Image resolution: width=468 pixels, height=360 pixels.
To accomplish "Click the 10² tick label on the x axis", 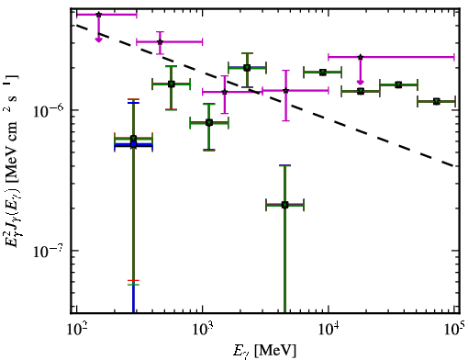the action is [77, 330].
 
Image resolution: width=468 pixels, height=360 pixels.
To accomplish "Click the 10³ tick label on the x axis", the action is [203, 330].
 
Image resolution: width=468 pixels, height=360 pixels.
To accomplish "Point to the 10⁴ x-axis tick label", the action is [329, 330].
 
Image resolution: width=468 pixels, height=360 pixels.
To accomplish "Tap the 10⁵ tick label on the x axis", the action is [453, 329].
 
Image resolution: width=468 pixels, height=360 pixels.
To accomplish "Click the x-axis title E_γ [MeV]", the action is [264, 351].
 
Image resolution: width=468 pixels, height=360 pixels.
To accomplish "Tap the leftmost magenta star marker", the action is [98, 15].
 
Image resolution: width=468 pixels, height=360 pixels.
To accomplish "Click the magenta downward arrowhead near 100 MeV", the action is [98, 39].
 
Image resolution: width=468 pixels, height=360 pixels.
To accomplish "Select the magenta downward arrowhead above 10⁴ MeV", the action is [361, 82].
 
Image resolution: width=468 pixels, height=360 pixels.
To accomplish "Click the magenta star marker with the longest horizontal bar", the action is [361, 57].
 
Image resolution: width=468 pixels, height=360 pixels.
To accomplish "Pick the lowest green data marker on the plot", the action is [284, 205].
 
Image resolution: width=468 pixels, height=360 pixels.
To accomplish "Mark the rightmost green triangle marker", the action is [437, 101].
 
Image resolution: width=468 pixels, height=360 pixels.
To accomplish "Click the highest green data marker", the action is [247, 67].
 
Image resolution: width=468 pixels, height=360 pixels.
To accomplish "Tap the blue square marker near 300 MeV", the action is [133, 144].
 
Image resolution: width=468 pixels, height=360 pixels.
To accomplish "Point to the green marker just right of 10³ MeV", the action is [209, 123].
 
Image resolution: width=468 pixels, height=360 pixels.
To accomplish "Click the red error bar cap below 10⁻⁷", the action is [133, 280].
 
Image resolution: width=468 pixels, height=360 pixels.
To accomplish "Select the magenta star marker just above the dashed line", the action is [160, 42].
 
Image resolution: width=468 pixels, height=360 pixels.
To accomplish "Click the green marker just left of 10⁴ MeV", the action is [322, 73].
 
